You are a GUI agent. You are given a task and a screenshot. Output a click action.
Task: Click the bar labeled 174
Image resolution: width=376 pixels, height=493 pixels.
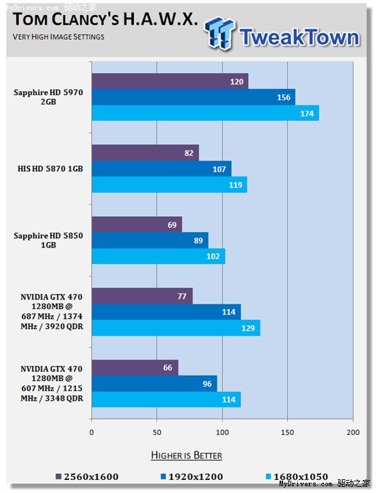(205, 114)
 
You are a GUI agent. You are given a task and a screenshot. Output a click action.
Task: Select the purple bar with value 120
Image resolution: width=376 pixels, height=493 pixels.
(170, 81)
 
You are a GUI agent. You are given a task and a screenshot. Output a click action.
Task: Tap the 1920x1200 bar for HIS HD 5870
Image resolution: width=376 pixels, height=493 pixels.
(161, 169)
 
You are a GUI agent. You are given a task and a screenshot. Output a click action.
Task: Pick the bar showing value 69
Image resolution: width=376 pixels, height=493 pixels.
(137, 224)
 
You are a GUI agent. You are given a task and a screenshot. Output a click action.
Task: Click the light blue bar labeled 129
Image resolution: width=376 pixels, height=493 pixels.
(176, 328)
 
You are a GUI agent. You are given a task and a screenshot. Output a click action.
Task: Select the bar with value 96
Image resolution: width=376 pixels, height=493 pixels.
(154, 384)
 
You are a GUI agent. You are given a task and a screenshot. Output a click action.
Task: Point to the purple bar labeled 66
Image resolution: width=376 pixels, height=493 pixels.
(135, 368)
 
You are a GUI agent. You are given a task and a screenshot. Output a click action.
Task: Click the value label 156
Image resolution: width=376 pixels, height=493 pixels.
(284, 98)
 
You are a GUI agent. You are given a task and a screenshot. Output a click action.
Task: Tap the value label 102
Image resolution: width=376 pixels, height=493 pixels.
(214, 256)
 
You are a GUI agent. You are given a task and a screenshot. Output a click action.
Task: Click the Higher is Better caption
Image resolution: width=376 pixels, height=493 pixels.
(187, 455)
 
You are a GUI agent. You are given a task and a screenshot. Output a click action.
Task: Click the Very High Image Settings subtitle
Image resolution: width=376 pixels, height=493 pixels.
(59, 36)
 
